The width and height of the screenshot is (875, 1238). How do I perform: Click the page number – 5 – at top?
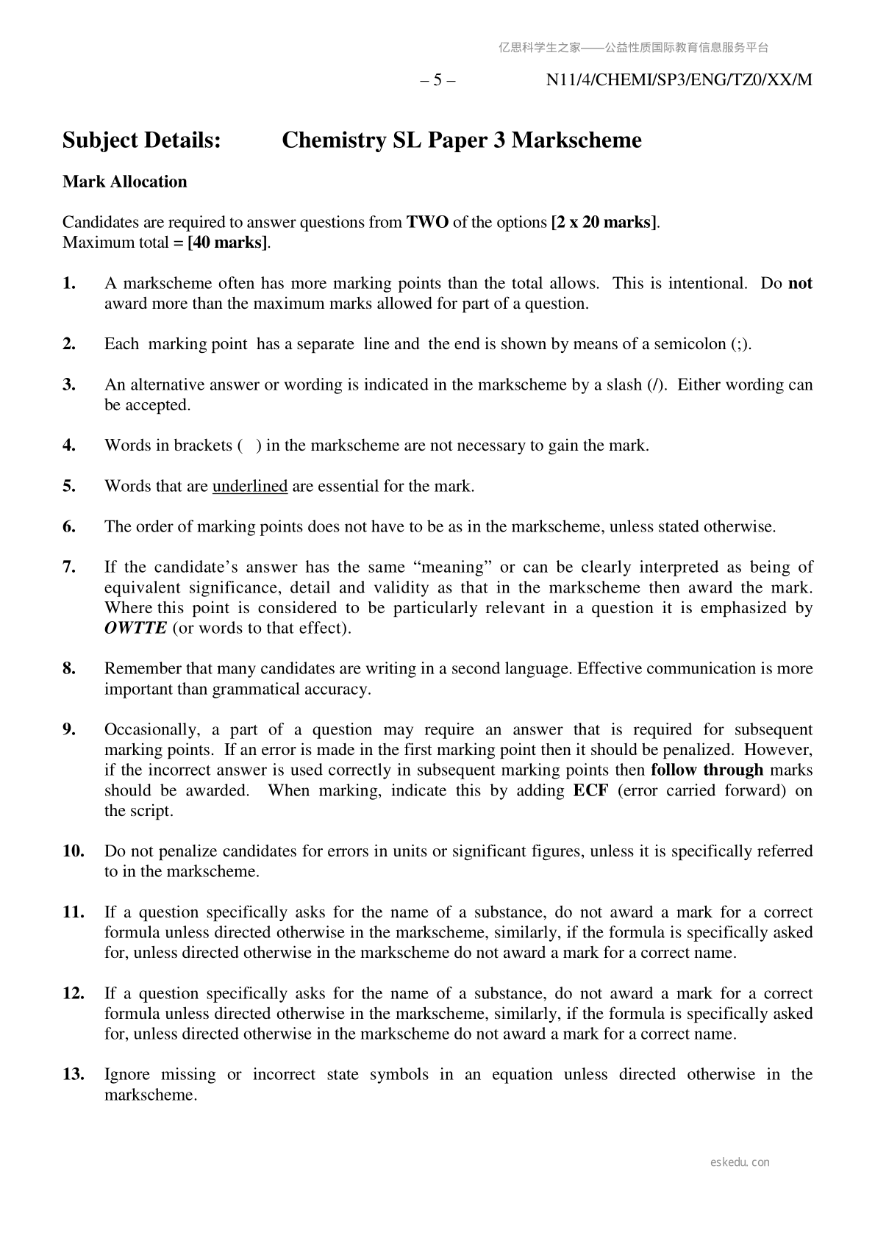click(438, 80)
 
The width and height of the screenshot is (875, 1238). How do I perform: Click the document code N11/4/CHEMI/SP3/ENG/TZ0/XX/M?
click(679, 80)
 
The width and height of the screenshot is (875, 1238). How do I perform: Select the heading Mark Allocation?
click(125, 182)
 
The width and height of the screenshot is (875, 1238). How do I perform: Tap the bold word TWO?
click(428, 222)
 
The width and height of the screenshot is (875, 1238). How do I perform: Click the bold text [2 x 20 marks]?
click(604, 222)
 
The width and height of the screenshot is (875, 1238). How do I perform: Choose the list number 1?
click(69, 283)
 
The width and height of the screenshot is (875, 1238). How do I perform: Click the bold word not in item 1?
click(800, 283)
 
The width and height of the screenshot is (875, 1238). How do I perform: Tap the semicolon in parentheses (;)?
click(740, 344)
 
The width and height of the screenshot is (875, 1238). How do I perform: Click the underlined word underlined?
click(250, 486)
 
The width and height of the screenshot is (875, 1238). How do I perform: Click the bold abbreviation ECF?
click(590, 790)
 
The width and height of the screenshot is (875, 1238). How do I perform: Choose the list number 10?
click(74, 851)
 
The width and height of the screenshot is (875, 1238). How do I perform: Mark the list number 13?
click(74, 1074)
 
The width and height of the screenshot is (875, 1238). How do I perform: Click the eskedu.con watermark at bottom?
click(740, 1162)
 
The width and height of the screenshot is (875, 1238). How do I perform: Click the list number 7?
click(69, 567)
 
